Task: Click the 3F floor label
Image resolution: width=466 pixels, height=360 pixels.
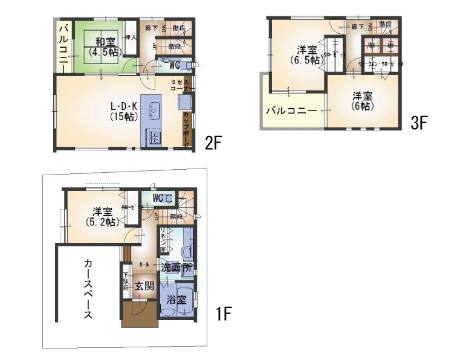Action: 419,123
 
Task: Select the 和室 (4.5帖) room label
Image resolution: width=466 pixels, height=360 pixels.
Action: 105,47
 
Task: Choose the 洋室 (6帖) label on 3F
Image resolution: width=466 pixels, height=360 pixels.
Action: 363,100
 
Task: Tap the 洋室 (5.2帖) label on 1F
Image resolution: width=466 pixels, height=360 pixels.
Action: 102,216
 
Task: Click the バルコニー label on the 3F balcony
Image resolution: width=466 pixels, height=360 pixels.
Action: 291,111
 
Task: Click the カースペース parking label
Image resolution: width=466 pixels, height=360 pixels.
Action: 88,289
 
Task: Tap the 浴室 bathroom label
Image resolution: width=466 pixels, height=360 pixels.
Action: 175,300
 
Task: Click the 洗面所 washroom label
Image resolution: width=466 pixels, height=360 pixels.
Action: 176,266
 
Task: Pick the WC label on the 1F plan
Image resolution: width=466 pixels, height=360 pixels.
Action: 158,198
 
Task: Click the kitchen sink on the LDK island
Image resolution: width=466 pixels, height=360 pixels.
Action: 154,111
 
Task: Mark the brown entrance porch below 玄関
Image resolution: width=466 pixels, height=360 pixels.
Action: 139,315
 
